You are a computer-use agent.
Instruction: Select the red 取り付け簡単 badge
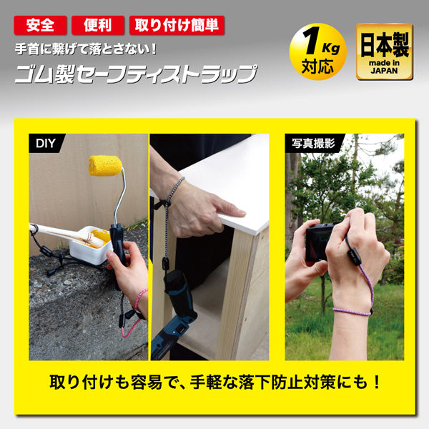tap(176, 26)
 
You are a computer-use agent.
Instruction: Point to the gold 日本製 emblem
tap(384, 51)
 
